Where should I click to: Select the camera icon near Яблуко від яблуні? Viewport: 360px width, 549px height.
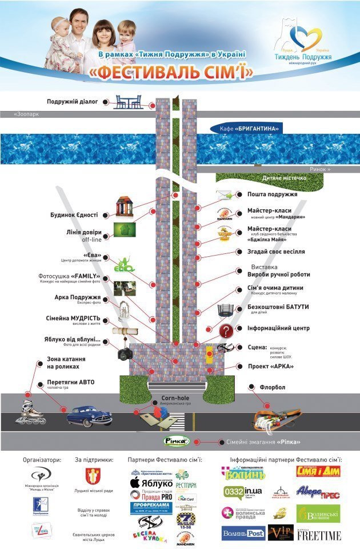[x=125, y=353]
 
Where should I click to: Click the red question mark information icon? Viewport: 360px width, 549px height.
[x=227, y=330]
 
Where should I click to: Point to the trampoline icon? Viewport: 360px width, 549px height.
[x=227, y=309]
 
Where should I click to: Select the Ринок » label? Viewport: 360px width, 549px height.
[x=319, y=169]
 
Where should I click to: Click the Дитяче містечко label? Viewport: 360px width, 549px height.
[x=283, y=178]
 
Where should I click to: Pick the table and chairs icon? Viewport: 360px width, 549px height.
[x=128, y=102]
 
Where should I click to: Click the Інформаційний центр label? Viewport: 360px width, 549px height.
[x=278, y=328]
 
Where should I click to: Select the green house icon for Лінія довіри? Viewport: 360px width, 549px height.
[x=120, y=229]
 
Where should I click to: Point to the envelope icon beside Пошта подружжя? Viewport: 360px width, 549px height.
[x=225, y=195]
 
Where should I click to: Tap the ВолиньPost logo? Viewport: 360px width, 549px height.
[x=243, y=534]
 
